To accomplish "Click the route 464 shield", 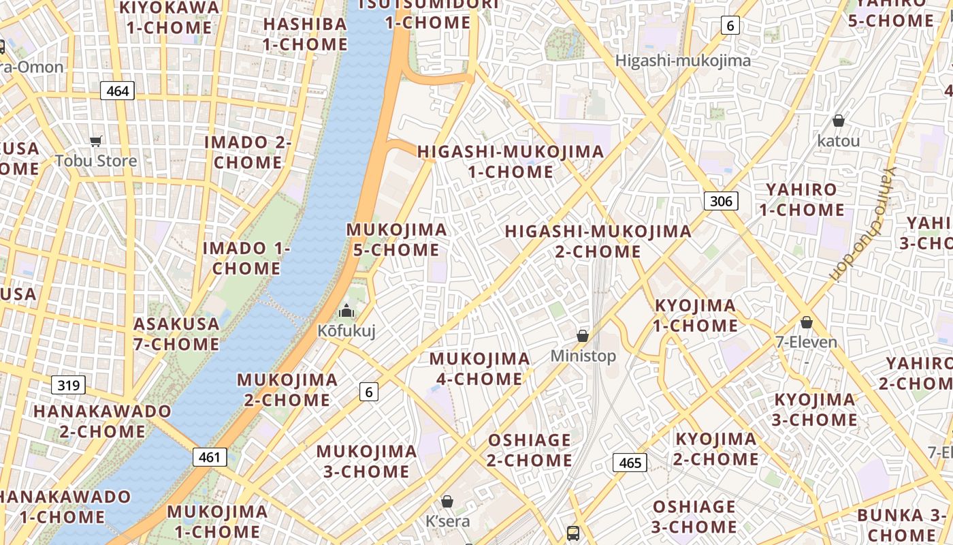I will pyautogui.click(x=117, y=91).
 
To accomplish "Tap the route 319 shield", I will pyautogui.click(x=68, y=386).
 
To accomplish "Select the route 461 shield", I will pyautogui.click(x=209, y=457).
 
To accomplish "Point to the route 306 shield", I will pyautogui.click(x=720, y=201).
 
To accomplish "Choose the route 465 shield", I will pyautogui.click(x=630, y=463).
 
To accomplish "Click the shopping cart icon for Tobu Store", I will pyautogui.click(x=96, y=142).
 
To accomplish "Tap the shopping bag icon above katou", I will pyautogui.click(x=839, y=121).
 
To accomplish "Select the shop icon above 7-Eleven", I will pyautogui.click(x=807, y=322).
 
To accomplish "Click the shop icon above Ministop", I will pyautogui.click(x=583, y=336).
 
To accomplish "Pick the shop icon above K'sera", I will pyautogui.click(x=447, y=502).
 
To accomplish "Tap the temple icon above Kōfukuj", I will pyautogui.click(x=346, y=311).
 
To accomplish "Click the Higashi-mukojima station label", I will pyautogui.click(x=683, y=61).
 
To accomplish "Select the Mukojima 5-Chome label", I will pyautogui.click(x=397, y=240).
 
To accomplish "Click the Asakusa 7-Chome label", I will pyautogui.click(x=176, y=334).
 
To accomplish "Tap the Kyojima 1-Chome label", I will pyautogui.click(x=696, y=315).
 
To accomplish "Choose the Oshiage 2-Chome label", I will pyautogui.click(x=530, y=450).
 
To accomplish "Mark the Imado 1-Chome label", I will pyautogui.click(x=246, y=258).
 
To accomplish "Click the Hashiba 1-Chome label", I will pyautogui.click(x=305, y=34).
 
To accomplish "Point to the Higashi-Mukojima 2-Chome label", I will pyautogui.click(x=598, y=241).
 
